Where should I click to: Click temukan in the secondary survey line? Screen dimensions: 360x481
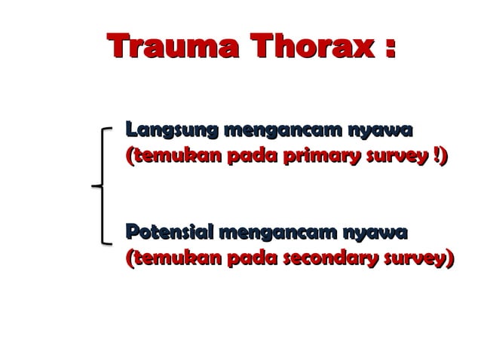174,258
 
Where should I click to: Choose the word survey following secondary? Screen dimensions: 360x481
415,258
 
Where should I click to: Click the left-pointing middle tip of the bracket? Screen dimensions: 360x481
91,185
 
